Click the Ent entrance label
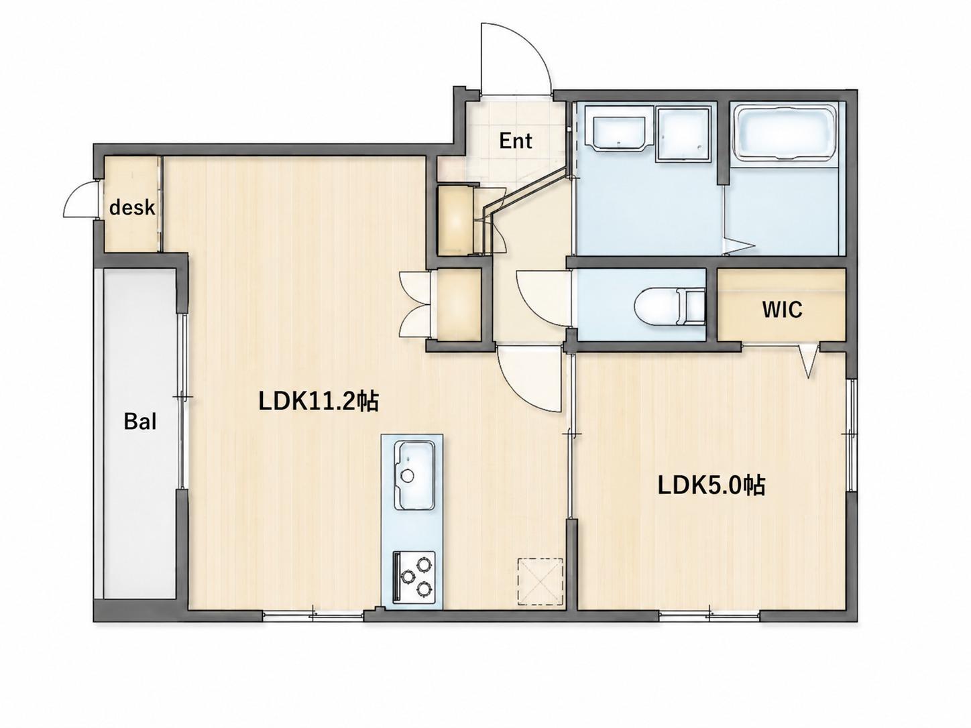(516, 141)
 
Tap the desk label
(132, 207)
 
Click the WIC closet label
(782, 310)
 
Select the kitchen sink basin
(414, 475)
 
